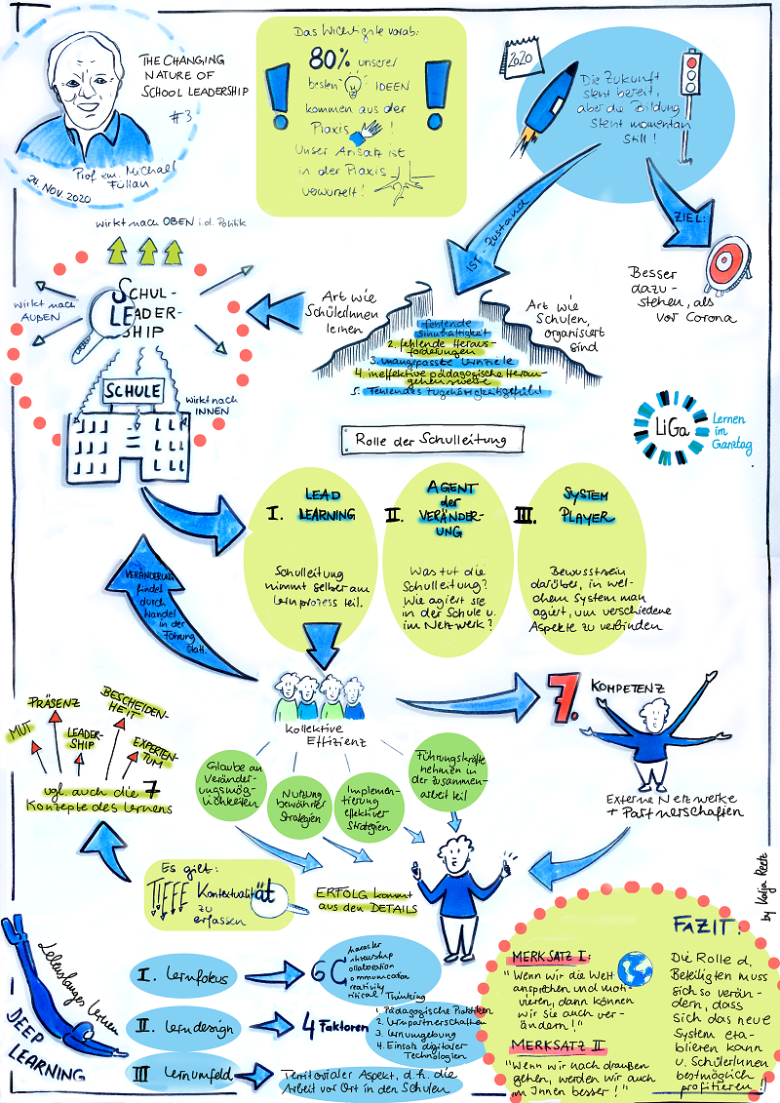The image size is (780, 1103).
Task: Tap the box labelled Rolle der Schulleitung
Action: pyautogui.click(x=431, y=439)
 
